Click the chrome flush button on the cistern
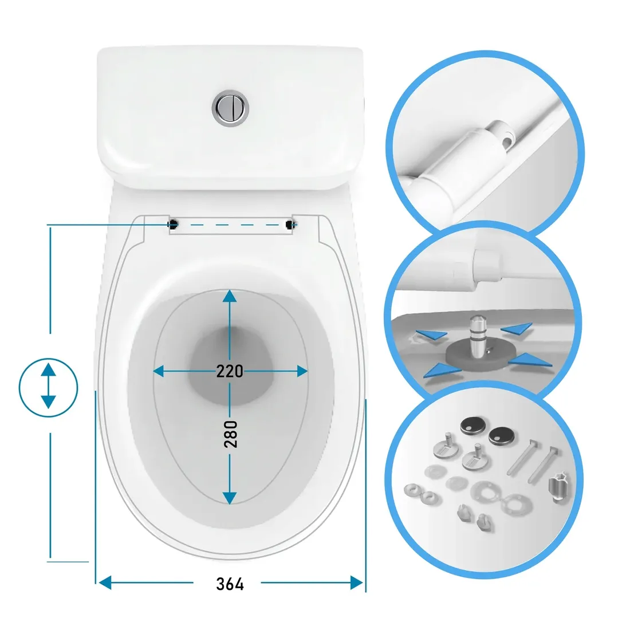(230, 108)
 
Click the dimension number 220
(230, 371)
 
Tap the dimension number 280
(230, 434)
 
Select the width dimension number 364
(230, 584)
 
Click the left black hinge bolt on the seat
(173, 224)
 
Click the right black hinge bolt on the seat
(289, 225)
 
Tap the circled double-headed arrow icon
(48, 387)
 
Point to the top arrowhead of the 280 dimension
(230, 296)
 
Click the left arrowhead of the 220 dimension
(159, 371)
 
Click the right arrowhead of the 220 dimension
(302, 371)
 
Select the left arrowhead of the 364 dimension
(105, 582)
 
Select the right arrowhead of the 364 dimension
(356, 582)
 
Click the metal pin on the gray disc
(477, 336)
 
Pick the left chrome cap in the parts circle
(473, 426)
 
